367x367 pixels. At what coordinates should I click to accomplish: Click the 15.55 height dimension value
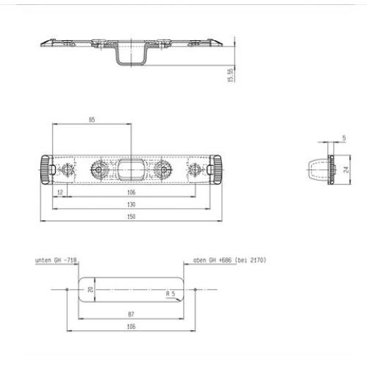[231, 76]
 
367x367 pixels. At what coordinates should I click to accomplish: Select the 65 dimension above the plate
[92, 119]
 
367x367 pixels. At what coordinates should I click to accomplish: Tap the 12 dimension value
[60, 192]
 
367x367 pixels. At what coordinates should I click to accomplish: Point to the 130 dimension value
[131, 204]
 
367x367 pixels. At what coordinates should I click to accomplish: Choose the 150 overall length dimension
[131, 217]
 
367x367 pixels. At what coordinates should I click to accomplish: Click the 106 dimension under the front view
[131, 192]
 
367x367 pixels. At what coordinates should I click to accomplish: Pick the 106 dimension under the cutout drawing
[131, 326]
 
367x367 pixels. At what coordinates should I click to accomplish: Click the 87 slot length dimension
[131, 314]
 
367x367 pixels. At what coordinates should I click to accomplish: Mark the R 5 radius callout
[171, 294]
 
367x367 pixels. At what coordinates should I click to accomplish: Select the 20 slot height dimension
[90, 289]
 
